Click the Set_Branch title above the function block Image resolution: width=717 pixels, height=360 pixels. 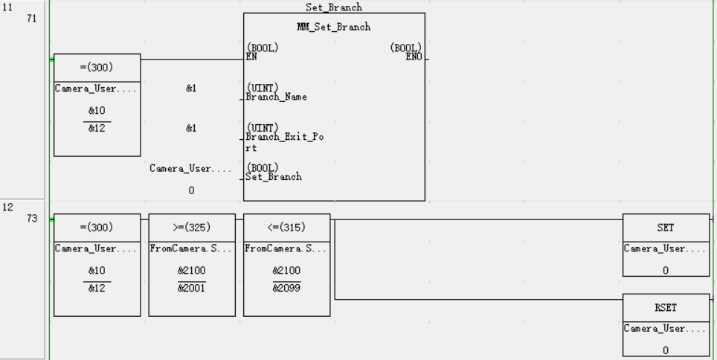point(334,7)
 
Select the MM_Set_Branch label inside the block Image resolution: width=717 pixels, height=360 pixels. point(334,28)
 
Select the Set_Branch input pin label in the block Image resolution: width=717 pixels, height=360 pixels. point(274,172)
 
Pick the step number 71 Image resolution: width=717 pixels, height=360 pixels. point(31,18)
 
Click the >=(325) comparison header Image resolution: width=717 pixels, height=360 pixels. point(191,226)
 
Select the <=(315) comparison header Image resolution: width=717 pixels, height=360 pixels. point(286,226)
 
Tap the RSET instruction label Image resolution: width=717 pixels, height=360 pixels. point(665,307)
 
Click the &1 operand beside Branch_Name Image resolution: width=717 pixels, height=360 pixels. point(191,88)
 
